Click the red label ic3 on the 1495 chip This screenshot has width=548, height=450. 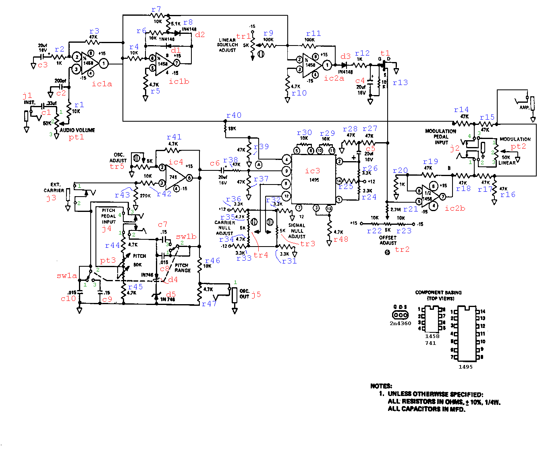(312, 171)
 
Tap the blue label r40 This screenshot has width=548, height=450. (234, 116)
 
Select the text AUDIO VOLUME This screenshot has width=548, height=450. (77, 130)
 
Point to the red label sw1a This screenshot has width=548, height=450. (67, 276)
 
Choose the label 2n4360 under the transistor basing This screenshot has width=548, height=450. (400, 324)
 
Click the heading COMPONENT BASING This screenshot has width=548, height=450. (438, 292)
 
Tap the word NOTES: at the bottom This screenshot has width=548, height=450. (381, 386)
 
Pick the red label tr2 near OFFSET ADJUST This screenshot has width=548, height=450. (402, 249)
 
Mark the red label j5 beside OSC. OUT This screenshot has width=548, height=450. (256, 294)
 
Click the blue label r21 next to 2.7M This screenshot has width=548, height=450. (411, 209)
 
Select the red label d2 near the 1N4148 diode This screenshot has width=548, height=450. (200, 35)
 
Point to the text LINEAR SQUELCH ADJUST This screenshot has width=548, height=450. (227, 45)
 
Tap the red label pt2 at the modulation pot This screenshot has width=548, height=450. (518, 146)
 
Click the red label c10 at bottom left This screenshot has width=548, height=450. (68, 299)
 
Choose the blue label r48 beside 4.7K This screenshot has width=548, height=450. (341, 239)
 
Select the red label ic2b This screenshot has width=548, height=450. (455, 208)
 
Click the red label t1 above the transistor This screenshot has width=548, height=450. (385, 53)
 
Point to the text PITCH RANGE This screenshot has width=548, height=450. (182, 268)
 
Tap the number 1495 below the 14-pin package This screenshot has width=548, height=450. (465, 367)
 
